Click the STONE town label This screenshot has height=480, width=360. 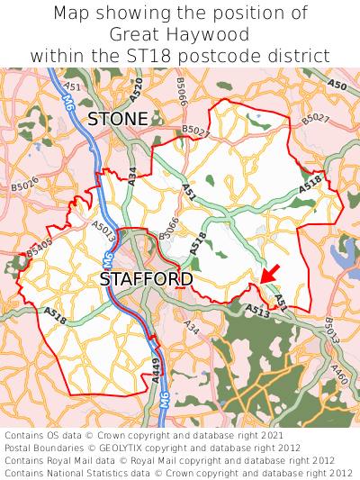pos(117,119)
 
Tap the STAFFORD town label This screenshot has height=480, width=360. pos(146,279)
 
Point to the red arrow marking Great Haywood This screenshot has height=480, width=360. pos(268,272)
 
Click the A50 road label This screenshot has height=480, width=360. pos(337,85)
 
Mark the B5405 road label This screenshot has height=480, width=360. pos(39,249)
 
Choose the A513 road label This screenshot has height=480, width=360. pos(256,311)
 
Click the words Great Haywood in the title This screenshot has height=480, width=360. pos(180,34)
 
